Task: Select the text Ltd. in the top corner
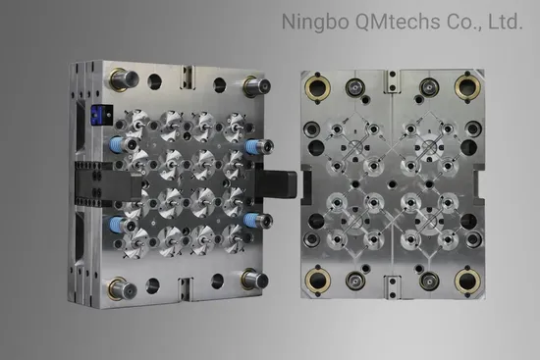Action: click(x=506, y=22)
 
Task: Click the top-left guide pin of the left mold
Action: click(x=124, y=79)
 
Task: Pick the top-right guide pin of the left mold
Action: click(x=256, y=85)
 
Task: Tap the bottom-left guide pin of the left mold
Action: click(x=122, y=288)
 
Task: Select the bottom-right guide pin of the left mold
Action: click(x=254, y=279)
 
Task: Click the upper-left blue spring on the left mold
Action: click(x=117, y=144)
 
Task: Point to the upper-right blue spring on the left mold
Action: click(x=252, y=146)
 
